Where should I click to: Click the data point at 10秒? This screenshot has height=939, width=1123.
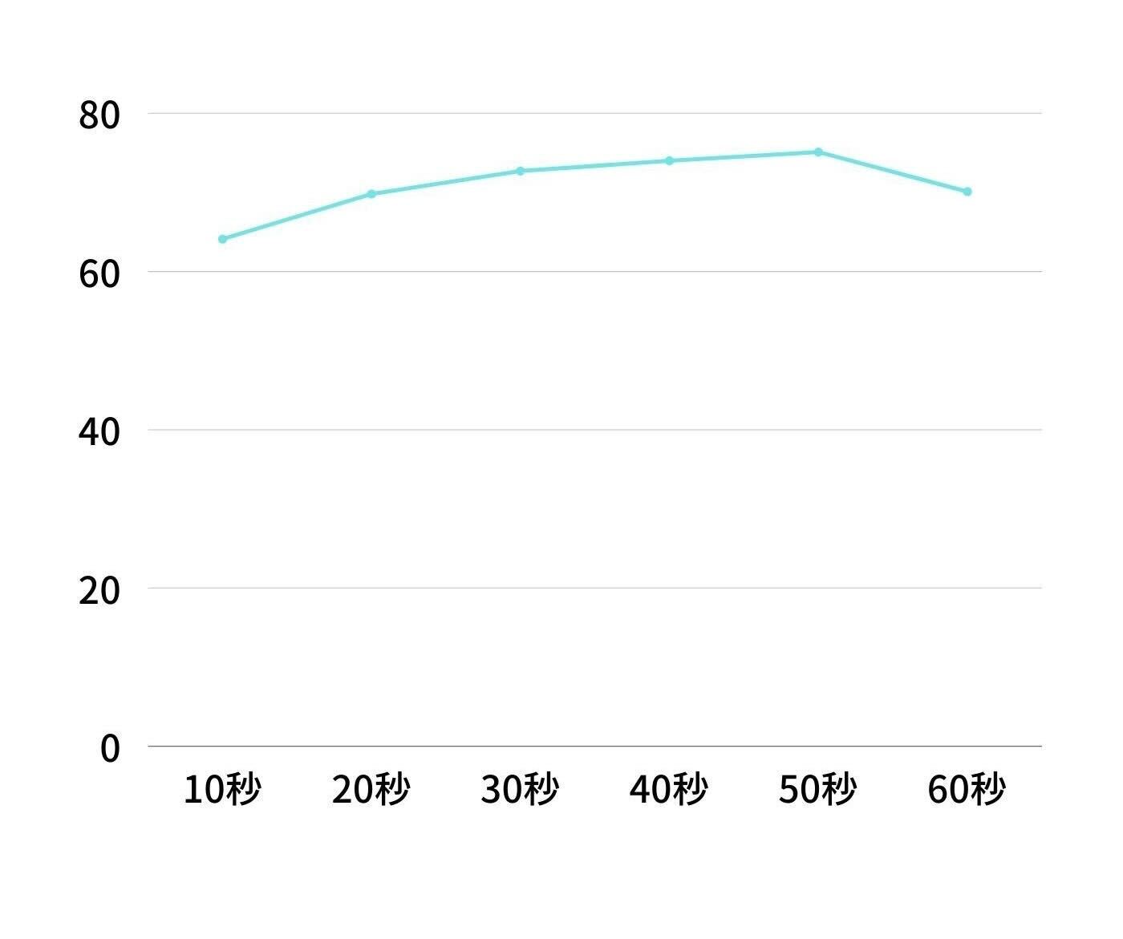pos(223,239)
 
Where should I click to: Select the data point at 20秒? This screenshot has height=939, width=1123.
pos(371,193)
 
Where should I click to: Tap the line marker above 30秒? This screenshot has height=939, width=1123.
pos(520,171)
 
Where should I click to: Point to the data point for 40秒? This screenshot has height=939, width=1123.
pos(669,161)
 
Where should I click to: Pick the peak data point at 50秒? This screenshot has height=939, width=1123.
pos(818,152)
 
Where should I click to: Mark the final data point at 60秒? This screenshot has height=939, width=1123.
pos(967,192)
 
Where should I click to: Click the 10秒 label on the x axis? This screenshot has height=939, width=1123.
pos(222,790)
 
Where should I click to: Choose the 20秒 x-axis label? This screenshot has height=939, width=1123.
pos(371,790)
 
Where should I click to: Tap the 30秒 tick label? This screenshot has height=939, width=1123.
pos(520,790)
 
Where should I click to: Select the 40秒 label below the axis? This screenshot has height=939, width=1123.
pos(669,790)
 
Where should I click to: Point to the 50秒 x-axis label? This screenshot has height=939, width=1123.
pos(818,790)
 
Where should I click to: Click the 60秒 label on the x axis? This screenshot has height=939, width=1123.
pos(967,790)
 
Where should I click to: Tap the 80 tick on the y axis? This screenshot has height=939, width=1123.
pos(99,115)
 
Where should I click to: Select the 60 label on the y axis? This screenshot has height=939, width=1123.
pos(99,273)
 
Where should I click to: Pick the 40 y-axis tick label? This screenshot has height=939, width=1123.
pos(99,432)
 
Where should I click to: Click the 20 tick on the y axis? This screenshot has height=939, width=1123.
pos(99,590)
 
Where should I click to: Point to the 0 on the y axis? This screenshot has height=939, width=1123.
pos(110,748)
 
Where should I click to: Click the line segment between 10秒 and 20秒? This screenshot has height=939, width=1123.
pos(297,217)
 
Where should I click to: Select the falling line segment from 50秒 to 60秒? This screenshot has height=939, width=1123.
pos(893,172)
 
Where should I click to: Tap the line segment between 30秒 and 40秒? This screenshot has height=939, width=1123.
pos(595,166)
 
